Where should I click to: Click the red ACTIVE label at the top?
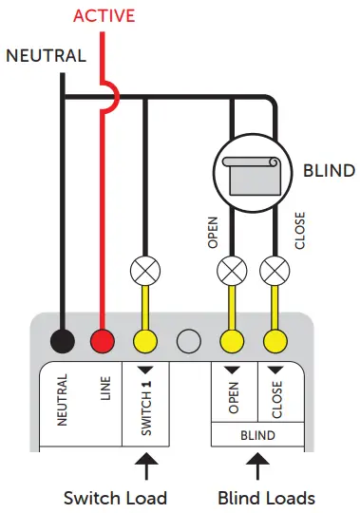(x=104, y=16)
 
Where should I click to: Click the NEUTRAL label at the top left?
(x=45, y=55)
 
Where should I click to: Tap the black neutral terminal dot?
(x=63, y=341)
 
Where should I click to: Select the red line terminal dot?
(x=104, y=341)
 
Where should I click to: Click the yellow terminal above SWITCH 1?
(x=145, y=341)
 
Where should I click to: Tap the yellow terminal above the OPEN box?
(x=231, y=341)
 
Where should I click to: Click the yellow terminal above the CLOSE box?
(x=275, y=341)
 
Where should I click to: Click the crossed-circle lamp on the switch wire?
(x=145, y=269)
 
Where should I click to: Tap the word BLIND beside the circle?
(x=329, y=172)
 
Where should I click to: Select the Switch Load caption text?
(x=115, y=497)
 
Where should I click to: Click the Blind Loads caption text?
(x=267, y=497)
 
